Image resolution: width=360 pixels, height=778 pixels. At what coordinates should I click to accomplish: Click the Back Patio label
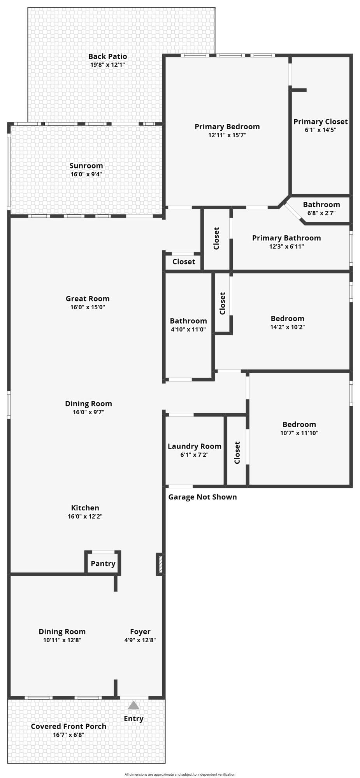click(107, 56)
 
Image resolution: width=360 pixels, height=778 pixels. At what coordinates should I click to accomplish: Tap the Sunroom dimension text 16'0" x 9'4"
click(86, 174)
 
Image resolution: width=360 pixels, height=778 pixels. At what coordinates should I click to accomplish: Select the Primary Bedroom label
click(227, 126)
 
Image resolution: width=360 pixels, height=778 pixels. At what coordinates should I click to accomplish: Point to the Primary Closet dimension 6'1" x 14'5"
click(320, 130)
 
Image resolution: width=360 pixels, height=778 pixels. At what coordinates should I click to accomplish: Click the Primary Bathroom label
click(286, 238)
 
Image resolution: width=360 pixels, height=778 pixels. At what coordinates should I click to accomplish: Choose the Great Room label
click(88, 298)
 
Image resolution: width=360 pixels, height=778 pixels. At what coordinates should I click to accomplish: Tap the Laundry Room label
click(194, 446)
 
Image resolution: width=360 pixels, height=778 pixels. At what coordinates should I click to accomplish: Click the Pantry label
click(103, 563)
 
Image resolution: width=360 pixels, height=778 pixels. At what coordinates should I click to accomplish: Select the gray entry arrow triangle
click(133, 705)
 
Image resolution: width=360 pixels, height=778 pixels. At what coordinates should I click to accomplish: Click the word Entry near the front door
click(133, 718)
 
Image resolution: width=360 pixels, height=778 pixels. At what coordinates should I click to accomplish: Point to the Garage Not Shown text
click(202, 497)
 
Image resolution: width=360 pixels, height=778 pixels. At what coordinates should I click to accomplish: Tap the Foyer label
click(140, 631)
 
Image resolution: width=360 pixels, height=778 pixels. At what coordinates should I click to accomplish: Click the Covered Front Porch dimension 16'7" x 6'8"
click(68, 735)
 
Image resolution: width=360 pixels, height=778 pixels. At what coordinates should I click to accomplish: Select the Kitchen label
click(85, 508)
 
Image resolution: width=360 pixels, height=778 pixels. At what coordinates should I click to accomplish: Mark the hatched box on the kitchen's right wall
click(160, 564)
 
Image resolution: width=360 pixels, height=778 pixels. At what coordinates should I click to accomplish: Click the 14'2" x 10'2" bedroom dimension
click(287, 327)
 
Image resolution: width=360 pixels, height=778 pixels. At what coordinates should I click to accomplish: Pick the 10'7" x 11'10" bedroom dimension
click(299, 433)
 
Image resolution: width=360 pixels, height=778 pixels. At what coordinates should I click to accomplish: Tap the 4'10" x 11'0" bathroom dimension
click(188, 329)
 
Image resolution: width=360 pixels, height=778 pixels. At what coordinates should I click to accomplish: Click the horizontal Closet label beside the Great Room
click(184, 261)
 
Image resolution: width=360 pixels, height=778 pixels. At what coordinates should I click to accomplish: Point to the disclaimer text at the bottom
click(180, 774)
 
